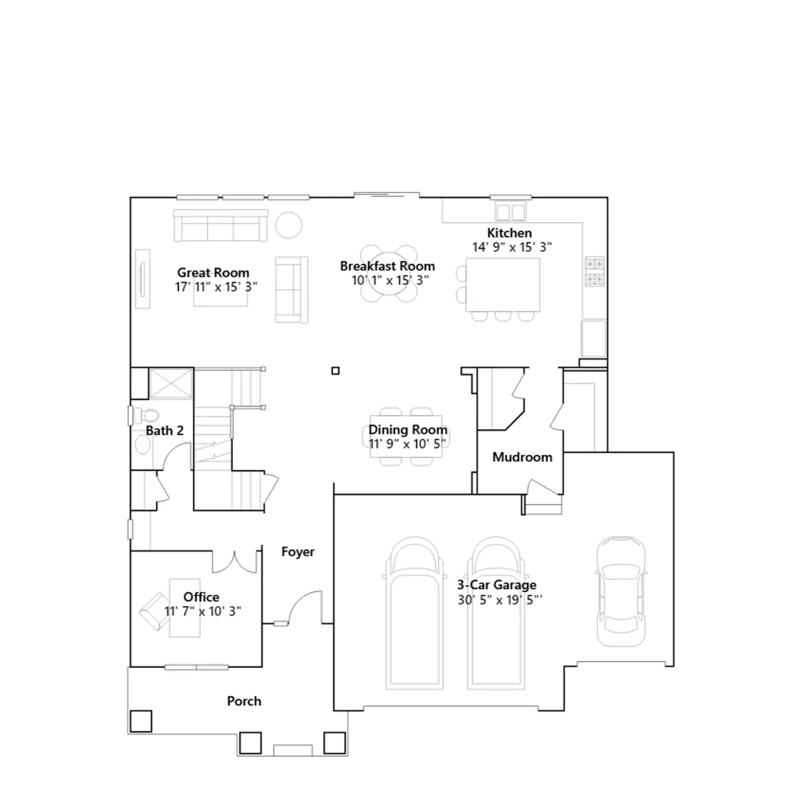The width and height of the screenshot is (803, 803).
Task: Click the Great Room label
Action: tap(213, 273)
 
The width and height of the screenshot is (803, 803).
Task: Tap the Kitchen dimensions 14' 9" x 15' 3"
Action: tap(512, 247)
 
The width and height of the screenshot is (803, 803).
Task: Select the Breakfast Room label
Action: tap(387, 266)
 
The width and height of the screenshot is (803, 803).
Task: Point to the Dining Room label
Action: tap(408, 430)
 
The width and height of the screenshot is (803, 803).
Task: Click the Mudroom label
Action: tap(522, 457)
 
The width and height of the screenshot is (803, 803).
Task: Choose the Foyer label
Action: tap(298, 552)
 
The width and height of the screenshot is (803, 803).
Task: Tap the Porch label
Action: tap(244, 701)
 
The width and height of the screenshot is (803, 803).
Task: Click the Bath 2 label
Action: tap(165, 431)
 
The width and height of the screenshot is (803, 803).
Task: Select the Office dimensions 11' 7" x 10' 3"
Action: tap(203, 611)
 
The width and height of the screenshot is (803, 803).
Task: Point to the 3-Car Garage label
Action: tap(497, 585)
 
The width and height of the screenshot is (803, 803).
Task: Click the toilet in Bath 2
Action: tap(146, 416)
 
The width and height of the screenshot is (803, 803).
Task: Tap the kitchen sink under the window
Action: tap(510, 211)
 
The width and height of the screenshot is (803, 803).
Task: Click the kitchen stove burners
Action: tap(595, 272)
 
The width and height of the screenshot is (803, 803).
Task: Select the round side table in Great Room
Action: tap(289, 225)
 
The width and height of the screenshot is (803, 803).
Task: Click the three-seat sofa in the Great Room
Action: tap(220, 226)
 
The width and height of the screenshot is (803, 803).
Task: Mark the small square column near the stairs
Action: tap(336, 371)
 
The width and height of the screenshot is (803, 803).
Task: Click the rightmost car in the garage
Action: tap(621, 591)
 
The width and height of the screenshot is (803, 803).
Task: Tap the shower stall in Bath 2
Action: tap(171, 383)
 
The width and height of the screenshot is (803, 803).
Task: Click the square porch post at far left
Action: tap(141, 721)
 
